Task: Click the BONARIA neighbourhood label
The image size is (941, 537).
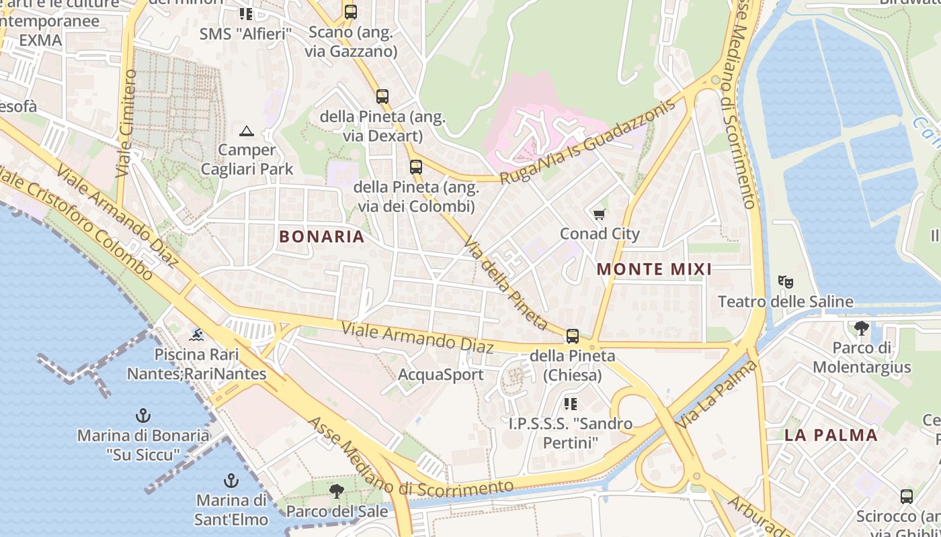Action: point(321,236)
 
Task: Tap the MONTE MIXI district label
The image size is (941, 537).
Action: point(654,269)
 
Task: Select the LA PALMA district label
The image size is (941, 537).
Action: point(831,434)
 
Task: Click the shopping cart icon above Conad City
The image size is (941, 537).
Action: point(599,214)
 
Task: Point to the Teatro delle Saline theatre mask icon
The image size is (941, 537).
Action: point(786,281)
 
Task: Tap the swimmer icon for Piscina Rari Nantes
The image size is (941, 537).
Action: point(196,334)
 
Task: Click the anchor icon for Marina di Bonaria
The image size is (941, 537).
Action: point(142,415)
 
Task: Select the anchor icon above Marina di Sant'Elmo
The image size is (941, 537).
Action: point(231,481)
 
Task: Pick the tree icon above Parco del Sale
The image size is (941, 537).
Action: point(337,491)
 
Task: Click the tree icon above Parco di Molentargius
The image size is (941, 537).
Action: point(861,328)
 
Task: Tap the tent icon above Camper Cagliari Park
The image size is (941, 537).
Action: point(247,130)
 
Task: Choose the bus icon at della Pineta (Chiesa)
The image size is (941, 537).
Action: point(573,336)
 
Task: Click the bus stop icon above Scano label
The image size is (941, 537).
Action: point(350,11)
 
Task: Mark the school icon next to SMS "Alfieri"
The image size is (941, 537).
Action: point(246,13)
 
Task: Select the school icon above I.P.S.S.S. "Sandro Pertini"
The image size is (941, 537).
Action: point(571,403)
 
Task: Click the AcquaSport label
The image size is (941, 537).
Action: point(441,374)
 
